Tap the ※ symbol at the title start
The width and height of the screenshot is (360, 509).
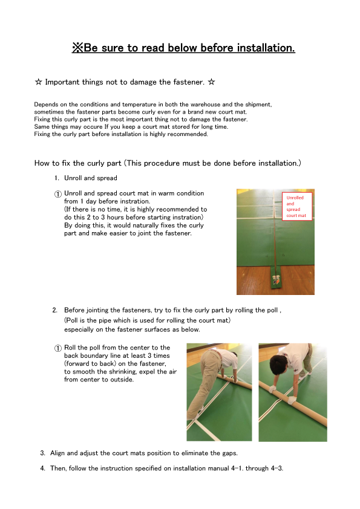click(x=77, y=48)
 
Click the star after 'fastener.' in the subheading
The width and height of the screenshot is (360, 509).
click(x=212, y=82)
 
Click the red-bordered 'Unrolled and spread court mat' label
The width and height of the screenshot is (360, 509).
click(x=297, y=206)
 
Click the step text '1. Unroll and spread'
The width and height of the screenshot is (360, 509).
click(x=86, y=178)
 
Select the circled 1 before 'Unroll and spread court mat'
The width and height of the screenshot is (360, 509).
click(x=58, y=194)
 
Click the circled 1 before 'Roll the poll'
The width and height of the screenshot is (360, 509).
click(x=58, y=348)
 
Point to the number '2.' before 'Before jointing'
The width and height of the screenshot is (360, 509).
click(x=55, y=310)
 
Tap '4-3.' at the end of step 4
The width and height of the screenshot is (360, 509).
click(x=277, y=468)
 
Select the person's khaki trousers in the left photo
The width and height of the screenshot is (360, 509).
click(x=209, y=383)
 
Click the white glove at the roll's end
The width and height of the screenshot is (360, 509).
click(x=292, y=400)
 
